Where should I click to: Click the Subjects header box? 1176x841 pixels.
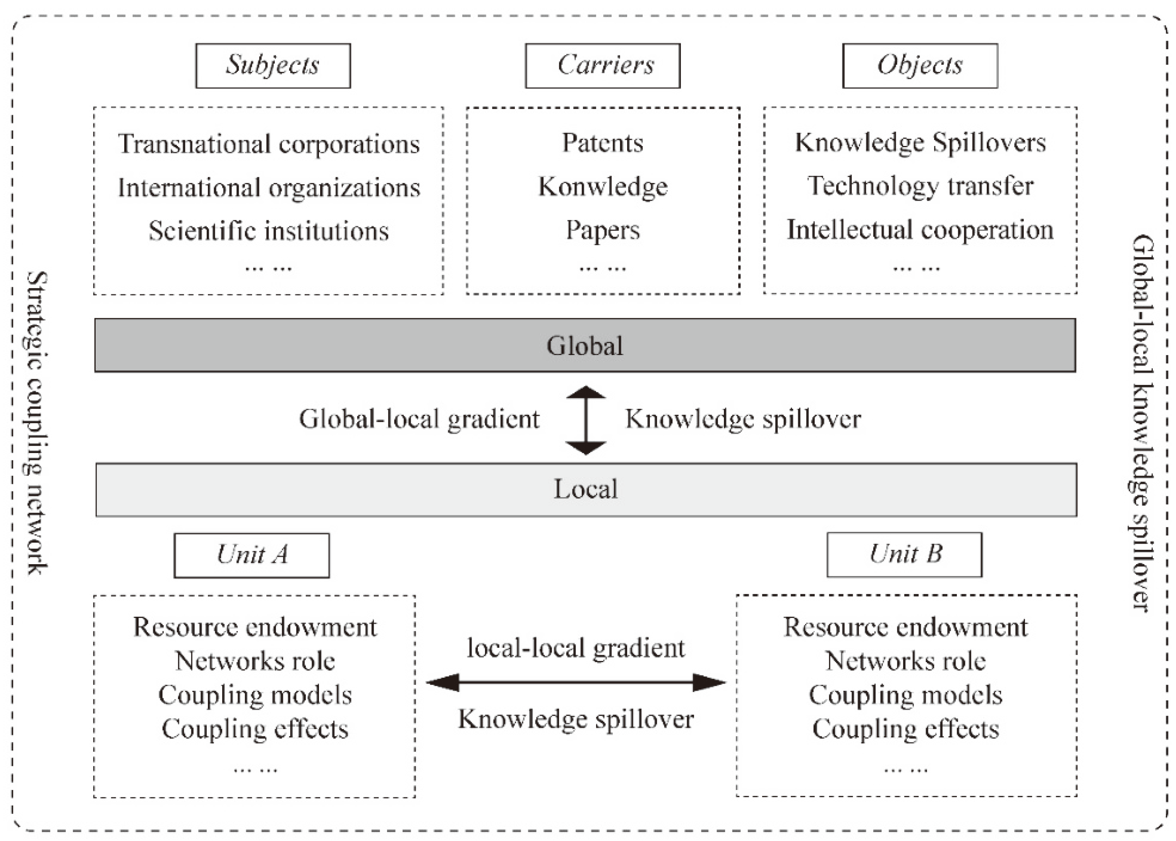[x=273, y=66]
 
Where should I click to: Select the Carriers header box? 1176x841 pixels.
[x=602, y=66]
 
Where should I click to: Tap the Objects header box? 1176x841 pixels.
[x=920, y=66]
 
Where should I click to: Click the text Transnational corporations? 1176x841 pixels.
[x=269, y=144]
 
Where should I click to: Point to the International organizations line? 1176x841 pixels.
[x=269, y=187]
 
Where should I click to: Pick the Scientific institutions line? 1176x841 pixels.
[x=269, y=231]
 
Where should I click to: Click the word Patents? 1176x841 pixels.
[x=602, y=143]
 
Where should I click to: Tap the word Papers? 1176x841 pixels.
[x=602, y=230]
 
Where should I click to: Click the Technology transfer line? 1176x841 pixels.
[x=920, y=186]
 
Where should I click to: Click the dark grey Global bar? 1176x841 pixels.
[x=585, y=345]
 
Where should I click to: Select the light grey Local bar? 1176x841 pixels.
[x=586, y=489]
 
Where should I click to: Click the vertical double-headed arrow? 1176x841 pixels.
[x=585, y=420]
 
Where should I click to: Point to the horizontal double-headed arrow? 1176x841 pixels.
[x=575, y=683]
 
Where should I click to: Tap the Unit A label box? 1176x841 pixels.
[x=252, y=555]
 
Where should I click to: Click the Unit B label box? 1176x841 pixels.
[x=904, y=554]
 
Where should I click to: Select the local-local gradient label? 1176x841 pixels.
[x=576, y=648]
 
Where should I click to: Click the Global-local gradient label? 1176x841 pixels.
[x=419, y=419]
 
